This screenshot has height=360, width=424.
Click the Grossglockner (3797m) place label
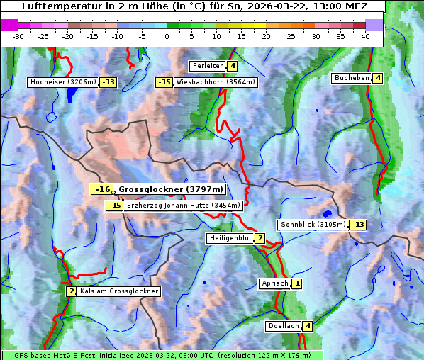[x=170, y=189]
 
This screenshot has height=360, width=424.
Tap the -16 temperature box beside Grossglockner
[x=103, y=189]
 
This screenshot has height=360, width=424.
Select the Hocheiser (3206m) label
[x=62, y=82]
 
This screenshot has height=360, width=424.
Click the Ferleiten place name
[x=208, y=66]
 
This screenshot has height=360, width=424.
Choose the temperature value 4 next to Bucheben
[x=378, y=78]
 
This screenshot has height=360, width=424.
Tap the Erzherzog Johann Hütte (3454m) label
[x=184, y=206]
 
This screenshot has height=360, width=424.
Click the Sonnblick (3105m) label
[x=313, y=225]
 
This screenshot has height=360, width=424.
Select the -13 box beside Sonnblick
[x=358, y=225]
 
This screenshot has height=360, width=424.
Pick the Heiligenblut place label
[x=230, y=238]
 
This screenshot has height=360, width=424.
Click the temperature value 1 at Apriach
[x=296, y=283]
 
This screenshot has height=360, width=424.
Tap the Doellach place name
[x=283, y=326]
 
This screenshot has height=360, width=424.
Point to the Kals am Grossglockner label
[x=118, y=291]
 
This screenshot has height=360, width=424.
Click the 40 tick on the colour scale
[x=364, y=35]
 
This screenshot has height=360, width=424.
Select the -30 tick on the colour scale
[x=18, y=35]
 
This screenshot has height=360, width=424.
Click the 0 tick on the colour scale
[x=167, y=35]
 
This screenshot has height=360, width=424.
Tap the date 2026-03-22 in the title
[x=284, y=6]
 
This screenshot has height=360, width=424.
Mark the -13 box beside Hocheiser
[x=108, y=82]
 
